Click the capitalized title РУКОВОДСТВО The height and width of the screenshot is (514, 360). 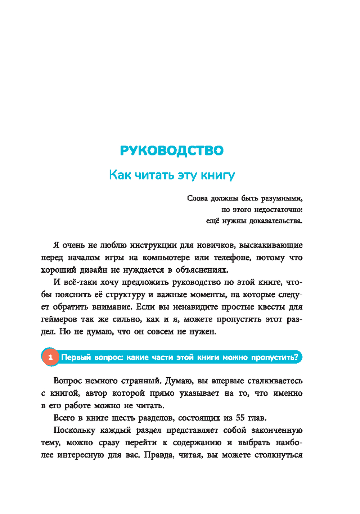[171, 150]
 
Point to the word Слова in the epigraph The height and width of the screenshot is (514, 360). [197, 198]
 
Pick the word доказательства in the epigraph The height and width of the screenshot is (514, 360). [276, 221]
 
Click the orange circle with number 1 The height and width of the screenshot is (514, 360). [50, 357]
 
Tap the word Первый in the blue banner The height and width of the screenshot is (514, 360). [76, 357]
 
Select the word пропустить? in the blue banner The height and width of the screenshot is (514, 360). [275, 357]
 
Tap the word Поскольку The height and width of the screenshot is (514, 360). [74, 430]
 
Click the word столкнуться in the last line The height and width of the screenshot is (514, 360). [278, 455]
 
